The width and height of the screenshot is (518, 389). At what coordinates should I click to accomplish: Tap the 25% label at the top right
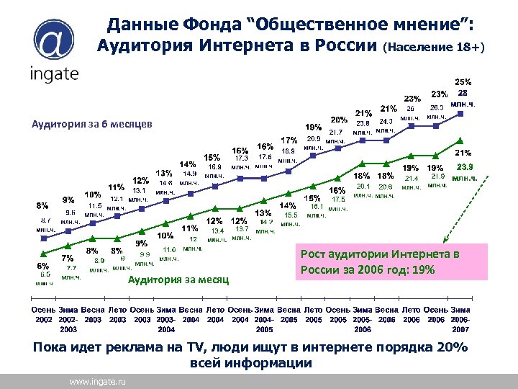pyautogui.click(x=463, y=81)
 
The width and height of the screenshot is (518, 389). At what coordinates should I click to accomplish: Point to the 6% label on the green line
pyautogui.click(x=43, y=264)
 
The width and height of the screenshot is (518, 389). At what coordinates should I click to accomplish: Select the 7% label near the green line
pyautogui.click(x=67, y=257)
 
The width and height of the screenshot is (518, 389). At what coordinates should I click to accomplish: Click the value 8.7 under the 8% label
pyautogui.click(x=45, y=219)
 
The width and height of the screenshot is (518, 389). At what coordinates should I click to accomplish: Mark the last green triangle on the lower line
pyautogui.click(x=460, y=140)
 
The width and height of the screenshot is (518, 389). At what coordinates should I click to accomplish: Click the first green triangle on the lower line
pyautogui.click(x=43, y=253)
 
